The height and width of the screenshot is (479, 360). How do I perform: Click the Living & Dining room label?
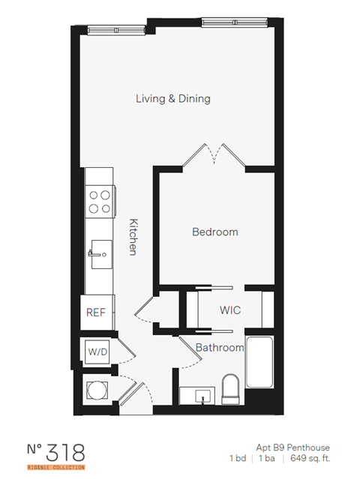[172, 98]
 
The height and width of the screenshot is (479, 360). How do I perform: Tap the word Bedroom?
[214, 232]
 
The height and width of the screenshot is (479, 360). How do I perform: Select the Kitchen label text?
[133, 237]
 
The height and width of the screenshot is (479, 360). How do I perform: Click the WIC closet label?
[229, 310]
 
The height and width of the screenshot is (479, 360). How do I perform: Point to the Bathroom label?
[220, 348]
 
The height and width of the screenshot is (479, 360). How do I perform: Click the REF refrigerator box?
[95, 313]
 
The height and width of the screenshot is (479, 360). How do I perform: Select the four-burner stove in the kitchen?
[100, 199]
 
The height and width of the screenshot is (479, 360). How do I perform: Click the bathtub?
[260, 370]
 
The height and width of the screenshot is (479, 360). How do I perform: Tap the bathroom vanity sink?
[199, 396]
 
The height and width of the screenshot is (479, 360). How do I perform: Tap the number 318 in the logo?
[64, 452]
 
